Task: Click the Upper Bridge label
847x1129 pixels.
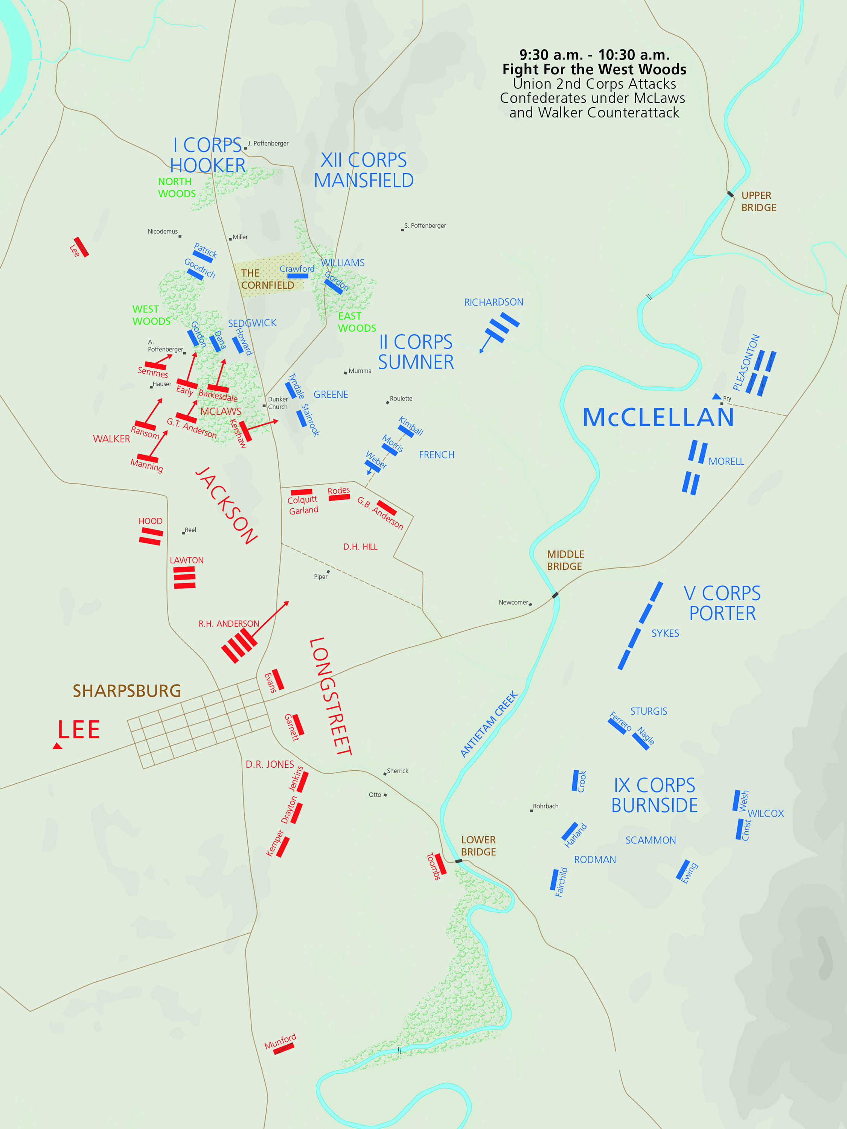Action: (x=758, y=202)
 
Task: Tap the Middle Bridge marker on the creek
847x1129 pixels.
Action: (x=555, y=595)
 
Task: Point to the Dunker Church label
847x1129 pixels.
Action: (x=278, y=403)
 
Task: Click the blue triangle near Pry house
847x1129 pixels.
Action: (x=717, y=397)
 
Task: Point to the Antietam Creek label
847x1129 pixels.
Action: (x=489, y=725)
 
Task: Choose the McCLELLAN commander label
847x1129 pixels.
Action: (x=658, y=417)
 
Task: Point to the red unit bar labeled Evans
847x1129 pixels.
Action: (x=278, y=679)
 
